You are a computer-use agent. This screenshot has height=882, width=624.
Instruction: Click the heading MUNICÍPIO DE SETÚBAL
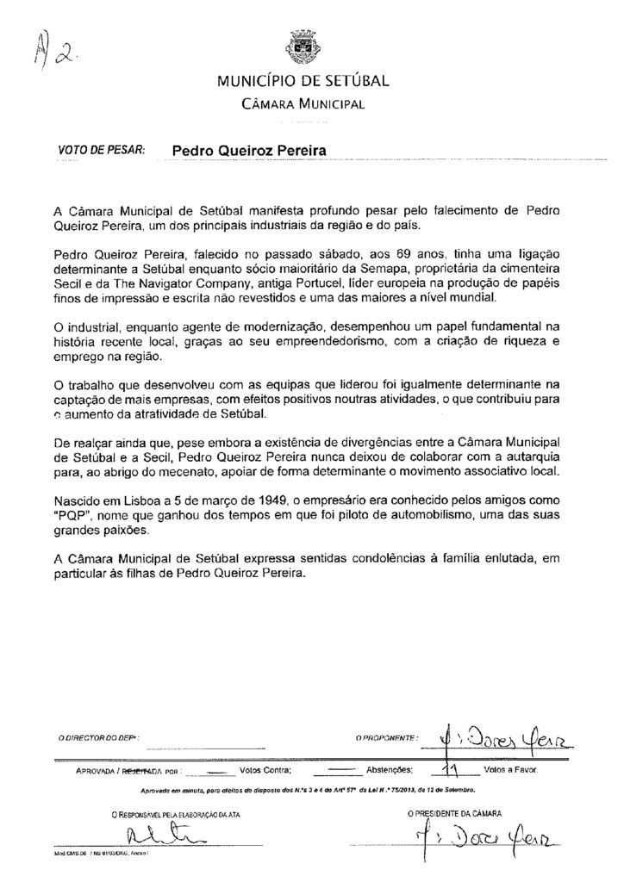[x=303, y=84]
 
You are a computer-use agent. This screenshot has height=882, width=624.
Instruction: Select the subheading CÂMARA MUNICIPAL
[x=303, y=104]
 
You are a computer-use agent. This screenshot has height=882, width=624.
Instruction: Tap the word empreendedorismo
[x=354, y=339]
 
